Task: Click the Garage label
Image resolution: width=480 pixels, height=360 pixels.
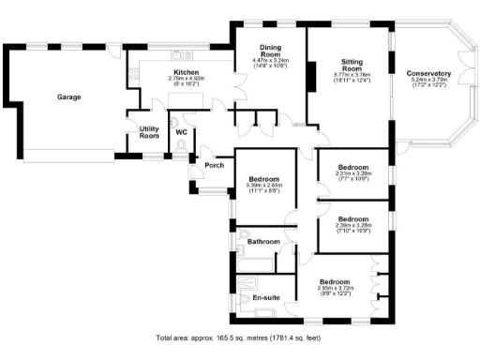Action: point(68,97)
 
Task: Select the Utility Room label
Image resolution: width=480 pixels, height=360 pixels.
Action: point(149,132)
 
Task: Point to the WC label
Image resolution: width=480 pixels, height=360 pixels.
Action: point(181,132)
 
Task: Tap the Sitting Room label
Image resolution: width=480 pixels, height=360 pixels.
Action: point(351,66)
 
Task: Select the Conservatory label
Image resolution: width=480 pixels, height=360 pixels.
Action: point(428,73)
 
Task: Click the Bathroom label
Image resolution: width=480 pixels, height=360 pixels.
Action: point(262,242)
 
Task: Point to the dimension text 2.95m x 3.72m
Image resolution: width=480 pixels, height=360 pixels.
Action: point(334,288)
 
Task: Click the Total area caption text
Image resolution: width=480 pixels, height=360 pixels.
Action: point(239,337)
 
